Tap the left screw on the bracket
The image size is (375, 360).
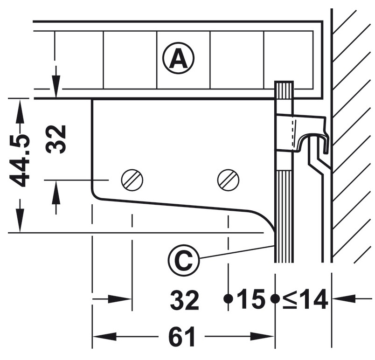coord(132,179)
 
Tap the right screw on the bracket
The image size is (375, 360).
coord(229,179)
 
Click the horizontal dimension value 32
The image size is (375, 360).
coord(185,300)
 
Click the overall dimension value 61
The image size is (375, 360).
coord(181,337)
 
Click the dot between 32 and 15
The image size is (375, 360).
coord(228,298)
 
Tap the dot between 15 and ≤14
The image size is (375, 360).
coord(275,298)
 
